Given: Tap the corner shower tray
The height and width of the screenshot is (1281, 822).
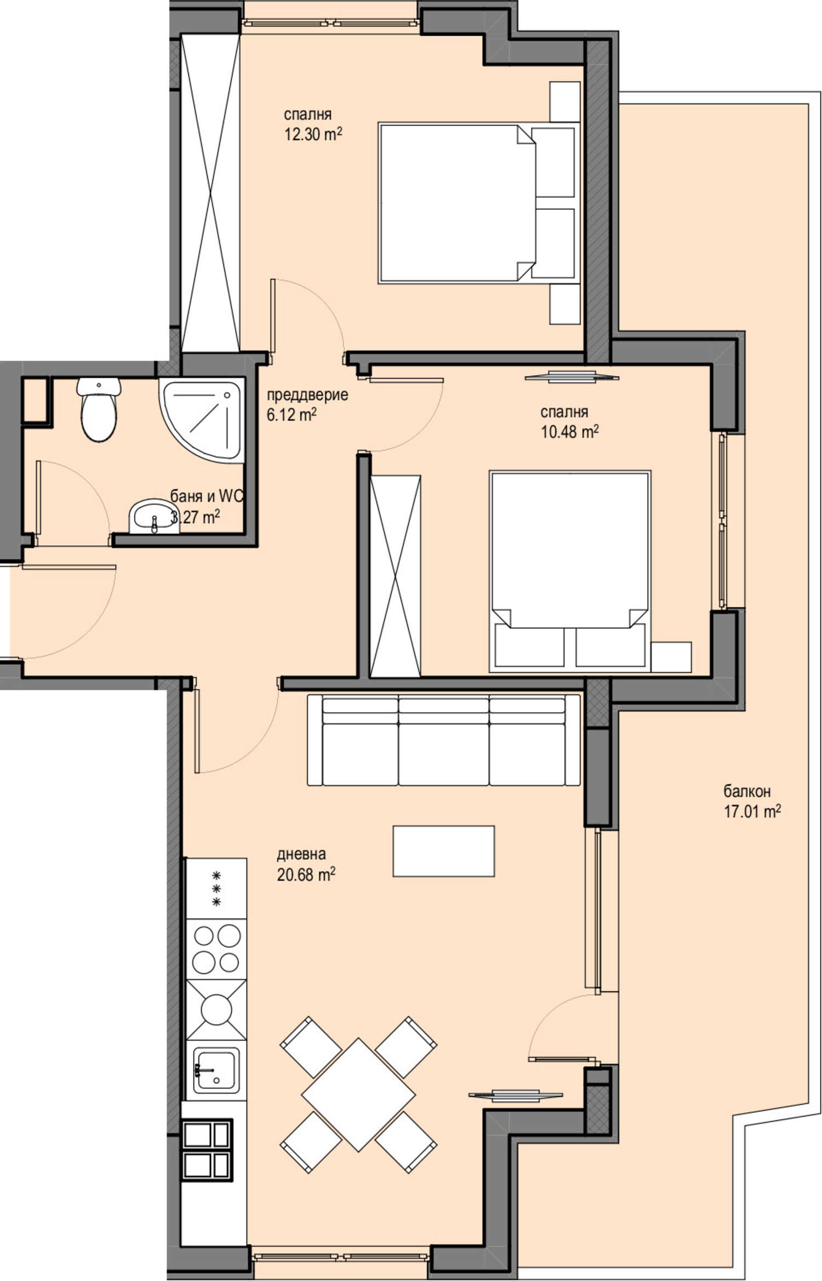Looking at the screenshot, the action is coord(202,420).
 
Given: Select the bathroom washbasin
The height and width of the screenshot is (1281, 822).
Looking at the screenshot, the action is coord(153,516).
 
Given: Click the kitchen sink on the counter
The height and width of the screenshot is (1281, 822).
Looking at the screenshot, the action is coord(216,1073).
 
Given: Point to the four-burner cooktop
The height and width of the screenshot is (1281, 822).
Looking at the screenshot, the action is coord(216,948).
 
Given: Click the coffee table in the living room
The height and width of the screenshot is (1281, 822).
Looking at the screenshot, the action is coord(443,851).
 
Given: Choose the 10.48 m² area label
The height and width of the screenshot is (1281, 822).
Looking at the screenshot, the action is coord(569,432).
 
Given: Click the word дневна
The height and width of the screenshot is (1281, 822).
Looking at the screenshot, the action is coord(301,854).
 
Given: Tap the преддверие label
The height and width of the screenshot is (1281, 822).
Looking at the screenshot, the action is coord(307,395).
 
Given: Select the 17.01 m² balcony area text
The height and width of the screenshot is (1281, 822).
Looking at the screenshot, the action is coord(752,811).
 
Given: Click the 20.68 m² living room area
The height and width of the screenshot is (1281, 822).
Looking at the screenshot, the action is coord(306,874).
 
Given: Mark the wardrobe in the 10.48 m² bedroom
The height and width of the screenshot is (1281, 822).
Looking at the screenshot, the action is coord(395,576).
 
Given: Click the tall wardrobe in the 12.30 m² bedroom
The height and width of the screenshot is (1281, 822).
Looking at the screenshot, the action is coord(210,193).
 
